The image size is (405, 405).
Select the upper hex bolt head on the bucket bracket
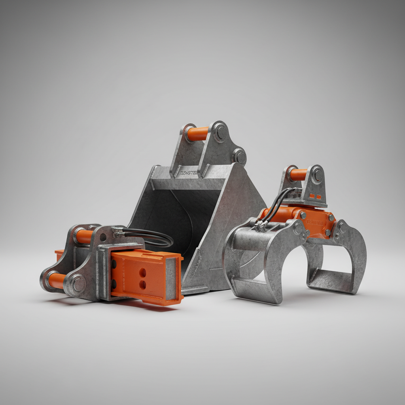coord(220,132)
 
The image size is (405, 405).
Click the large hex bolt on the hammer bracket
coord(78,284)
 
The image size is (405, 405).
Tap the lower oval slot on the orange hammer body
coord(143,284)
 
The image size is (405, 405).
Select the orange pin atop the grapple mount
coord(298,174)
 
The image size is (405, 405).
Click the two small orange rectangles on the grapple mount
coord(315,195)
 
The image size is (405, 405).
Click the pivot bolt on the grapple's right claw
coord(341,228)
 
